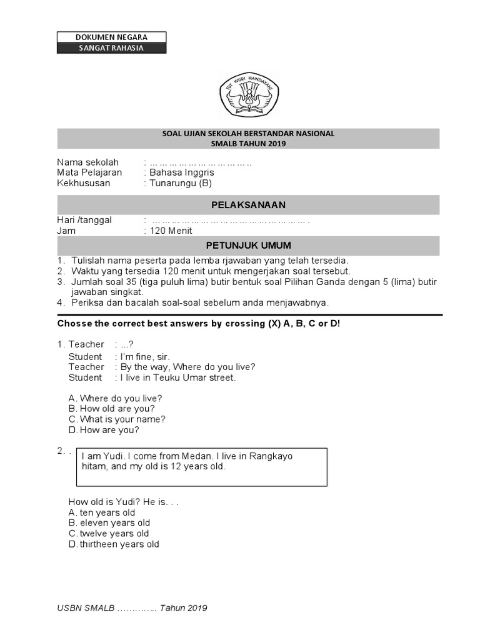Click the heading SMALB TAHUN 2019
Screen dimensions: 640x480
pyautogui.click(x=248, y=144)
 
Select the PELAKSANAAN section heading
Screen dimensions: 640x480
pyautogui.click(x=248, y=205)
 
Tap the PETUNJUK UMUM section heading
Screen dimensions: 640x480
pyautogui.click(x=248, y=245)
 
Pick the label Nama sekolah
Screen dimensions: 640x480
pyautogui.click(x=87, y=162)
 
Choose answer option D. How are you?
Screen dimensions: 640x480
pyautogui.click(x=104, y=430)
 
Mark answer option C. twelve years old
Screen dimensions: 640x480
pyautogui.click(x=109, y=534)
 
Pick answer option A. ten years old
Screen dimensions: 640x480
pyautogui.click(x=102, y=512)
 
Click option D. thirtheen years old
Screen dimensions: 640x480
pyautogui.click(x=114, y=544)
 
